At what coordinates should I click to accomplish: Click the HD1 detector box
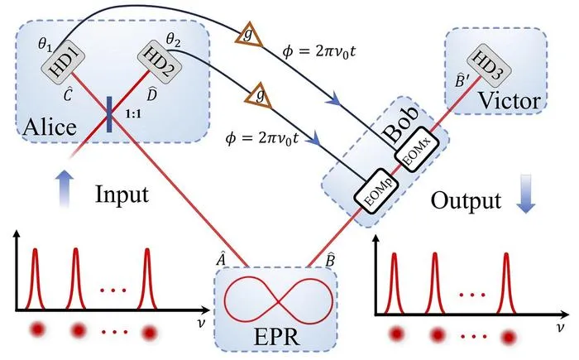(62, 61)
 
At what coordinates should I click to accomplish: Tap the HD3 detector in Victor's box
(489, 65)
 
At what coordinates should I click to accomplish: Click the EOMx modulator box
(417, 148)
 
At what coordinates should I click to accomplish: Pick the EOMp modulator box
(376, 190)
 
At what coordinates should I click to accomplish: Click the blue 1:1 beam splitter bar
(109, 114)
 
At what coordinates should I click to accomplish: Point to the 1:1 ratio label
(133, 114)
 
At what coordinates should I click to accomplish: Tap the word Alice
(50, 127)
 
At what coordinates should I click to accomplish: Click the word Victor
(510, 100)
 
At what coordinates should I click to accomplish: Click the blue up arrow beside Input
(65, 189)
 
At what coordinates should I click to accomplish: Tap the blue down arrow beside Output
(525, 194)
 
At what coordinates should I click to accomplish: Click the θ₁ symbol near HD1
(45, 45)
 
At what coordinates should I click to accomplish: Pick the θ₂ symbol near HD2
(173, 39)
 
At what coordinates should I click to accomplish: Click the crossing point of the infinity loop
(280, 303)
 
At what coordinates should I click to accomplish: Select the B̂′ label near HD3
(462, 80)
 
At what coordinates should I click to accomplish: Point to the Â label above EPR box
(221, 260)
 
